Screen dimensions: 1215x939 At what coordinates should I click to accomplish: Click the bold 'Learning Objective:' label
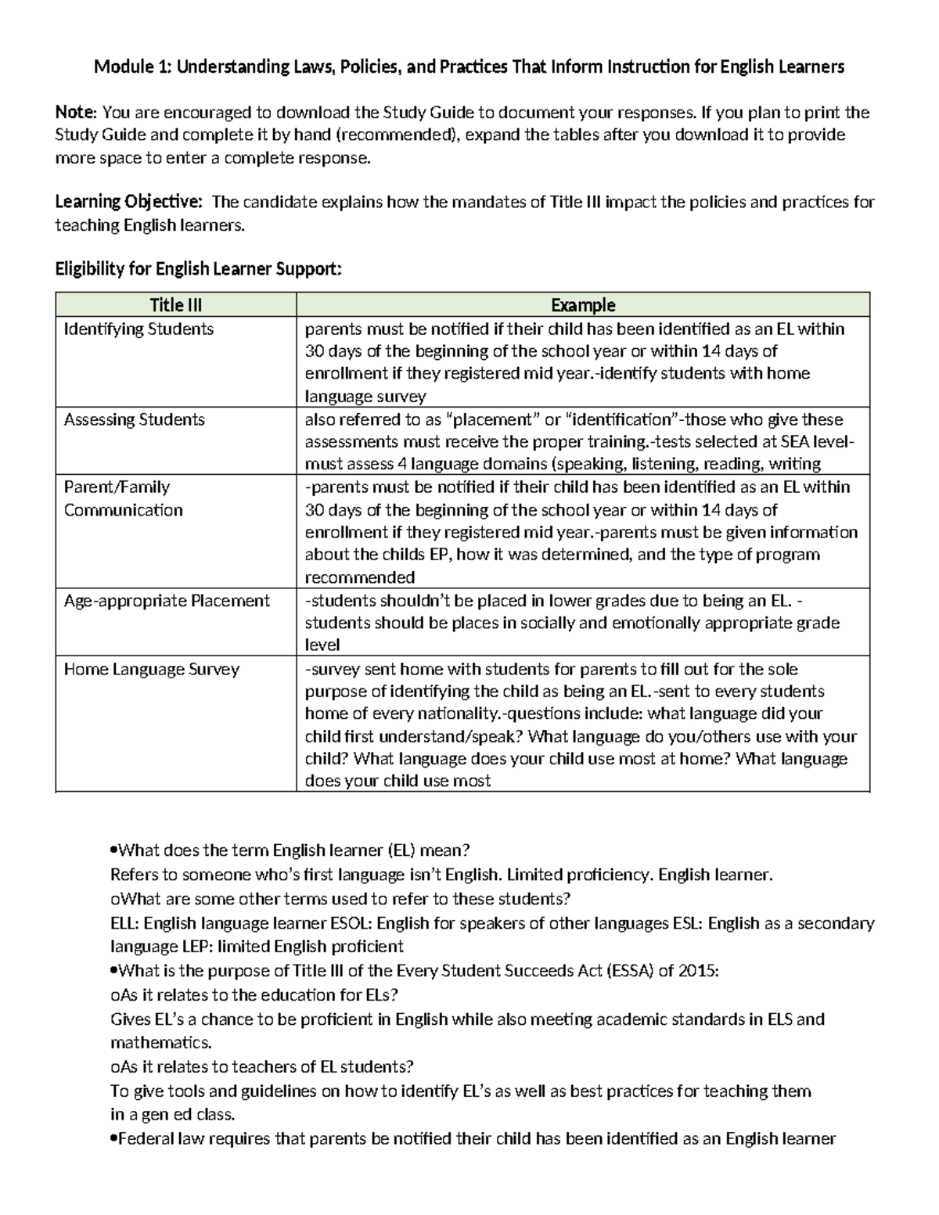(128, 203)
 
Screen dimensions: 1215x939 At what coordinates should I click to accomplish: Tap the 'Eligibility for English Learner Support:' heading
(198, 270)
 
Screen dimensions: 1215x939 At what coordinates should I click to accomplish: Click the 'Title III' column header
(176, 305)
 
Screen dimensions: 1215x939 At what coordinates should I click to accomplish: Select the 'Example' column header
(583, 305)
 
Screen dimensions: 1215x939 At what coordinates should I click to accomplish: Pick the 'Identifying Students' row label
(139, 329)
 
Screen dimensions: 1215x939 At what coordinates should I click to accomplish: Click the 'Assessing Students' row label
(134, 420)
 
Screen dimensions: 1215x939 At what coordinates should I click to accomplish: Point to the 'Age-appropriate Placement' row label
(167, 601)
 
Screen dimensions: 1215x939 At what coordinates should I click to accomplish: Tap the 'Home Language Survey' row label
(151, 670)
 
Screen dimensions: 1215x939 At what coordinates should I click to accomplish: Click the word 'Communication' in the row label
(123, 511)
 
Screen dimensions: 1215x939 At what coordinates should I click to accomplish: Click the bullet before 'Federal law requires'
(114, 1139)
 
